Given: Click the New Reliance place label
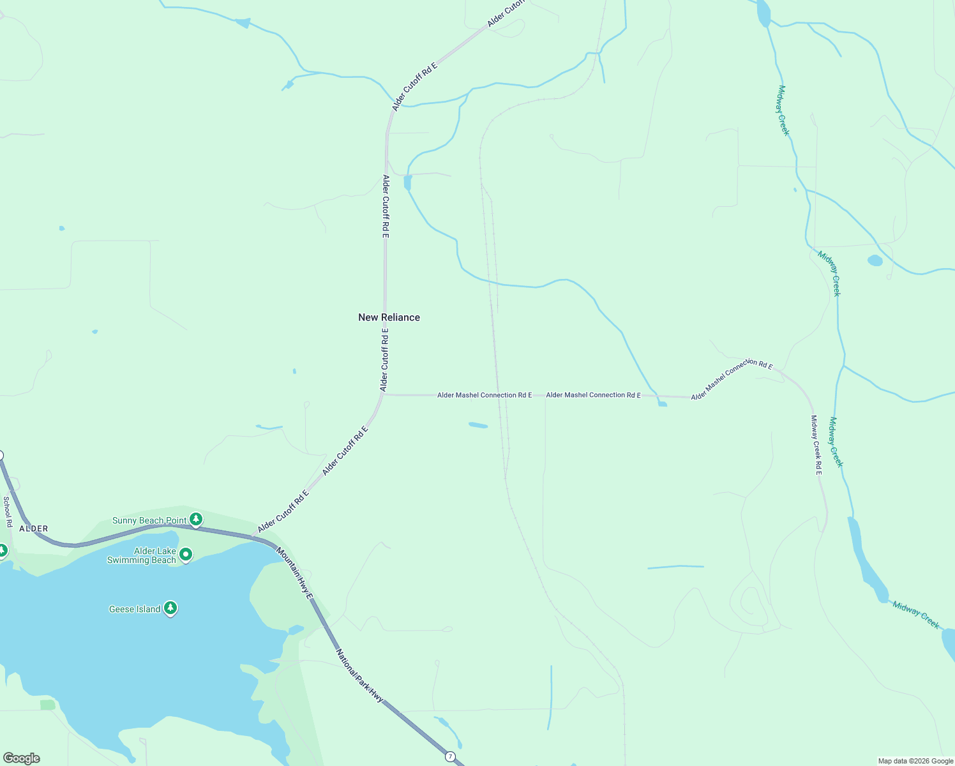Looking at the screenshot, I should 389,317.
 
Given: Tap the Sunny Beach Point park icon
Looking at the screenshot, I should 196,520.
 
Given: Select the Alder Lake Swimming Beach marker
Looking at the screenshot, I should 186,554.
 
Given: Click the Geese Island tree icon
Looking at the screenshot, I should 170,608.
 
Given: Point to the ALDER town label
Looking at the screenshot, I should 34,529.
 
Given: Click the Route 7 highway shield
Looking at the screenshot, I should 451,756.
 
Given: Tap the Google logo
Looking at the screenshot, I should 21,758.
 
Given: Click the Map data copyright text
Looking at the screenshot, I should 915,761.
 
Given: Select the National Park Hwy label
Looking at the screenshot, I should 359,676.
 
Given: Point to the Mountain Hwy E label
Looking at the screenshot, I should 295,573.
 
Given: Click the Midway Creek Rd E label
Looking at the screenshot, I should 816,445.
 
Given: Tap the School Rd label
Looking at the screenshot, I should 8,511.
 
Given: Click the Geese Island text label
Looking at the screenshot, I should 135,609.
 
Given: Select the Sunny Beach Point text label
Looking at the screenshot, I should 149,520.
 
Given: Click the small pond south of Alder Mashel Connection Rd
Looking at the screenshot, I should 478,425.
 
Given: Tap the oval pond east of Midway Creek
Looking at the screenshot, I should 875,260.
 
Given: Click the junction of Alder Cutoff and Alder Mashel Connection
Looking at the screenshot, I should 383,394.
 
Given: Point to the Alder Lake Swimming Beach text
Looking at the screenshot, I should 142,555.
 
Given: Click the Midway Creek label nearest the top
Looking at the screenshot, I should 783,110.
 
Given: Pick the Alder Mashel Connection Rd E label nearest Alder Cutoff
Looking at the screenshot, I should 485,395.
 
